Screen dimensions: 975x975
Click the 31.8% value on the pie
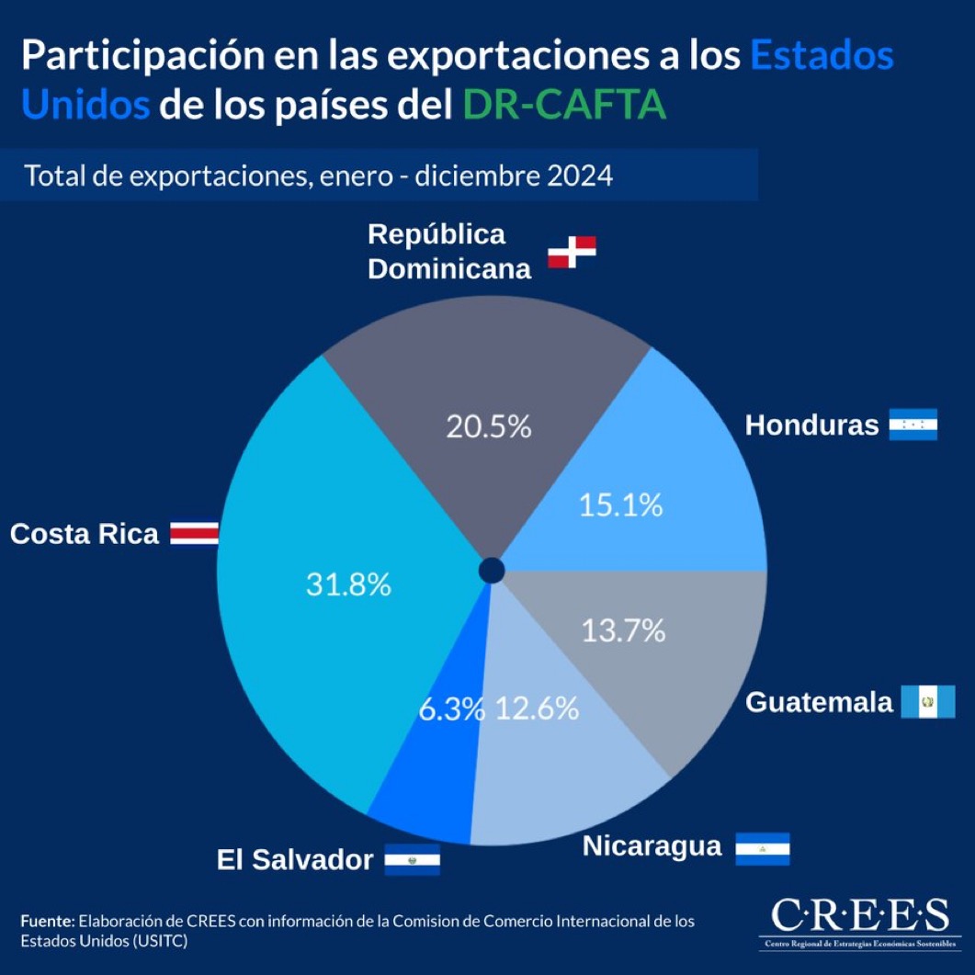click(348, 584)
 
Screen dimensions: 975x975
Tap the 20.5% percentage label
click(489, 426)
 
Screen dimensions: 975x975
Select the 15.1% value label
click(621, 505)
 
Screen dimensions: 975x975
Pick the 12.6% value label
click(538, 709)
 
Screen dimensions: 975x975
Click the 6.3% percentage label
click(451, 709)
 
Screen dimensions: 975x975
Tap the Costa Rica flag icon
click(194, 533)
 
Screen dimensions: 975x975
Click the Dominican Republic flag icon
click(572, 252)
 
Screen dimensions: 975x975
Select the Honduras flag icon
click(913, 425)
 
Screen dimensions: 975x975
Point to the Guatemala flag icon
click(927, 702)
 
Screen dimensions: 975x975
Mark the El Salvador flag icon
click(412, 860)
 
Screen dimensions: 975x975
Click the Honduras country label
click(811, 425)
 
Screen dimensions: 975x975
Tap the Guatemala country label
click(819, 703)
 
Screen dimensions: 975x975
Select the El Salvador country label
click(295, 860)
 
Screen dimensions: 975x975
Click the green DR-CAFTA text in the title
click(564, 106)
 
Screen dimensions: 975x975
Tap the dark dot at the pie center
click(492, 571)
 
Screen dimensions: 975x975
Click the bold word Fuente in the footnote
click(46, 920)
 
